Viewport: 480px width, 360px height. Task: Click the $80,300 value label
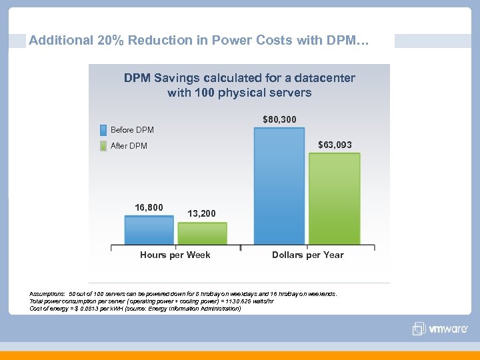(x=279, y=119)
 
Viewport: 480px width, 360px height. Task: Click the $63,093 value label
(x=335, y=145)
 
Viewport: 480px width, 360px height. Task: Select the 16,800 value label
(x=149, y=207)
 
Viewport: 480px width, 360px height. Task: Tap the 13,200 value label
(x=201, y=213)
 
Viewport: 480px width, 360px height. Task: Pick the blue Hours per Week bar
(x=149, y=229)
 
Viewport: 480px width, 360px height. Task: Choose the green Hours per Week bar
(x=202, y=233)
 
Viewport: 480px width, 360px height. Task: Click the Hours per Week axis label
(x=175, y=255)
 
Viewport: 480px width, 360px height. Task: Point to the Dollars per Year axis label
(x=308, y=255)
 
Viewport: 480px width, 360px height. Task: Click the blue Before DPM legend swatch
(x=103, y=129)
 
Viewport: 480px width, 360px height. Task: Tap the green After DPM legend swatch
(x=103, y=145)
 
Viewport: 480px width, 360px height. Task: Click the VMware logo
(x=441, y=329)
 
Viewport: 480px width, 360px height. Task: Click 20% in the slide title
(x=110, y=41)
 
